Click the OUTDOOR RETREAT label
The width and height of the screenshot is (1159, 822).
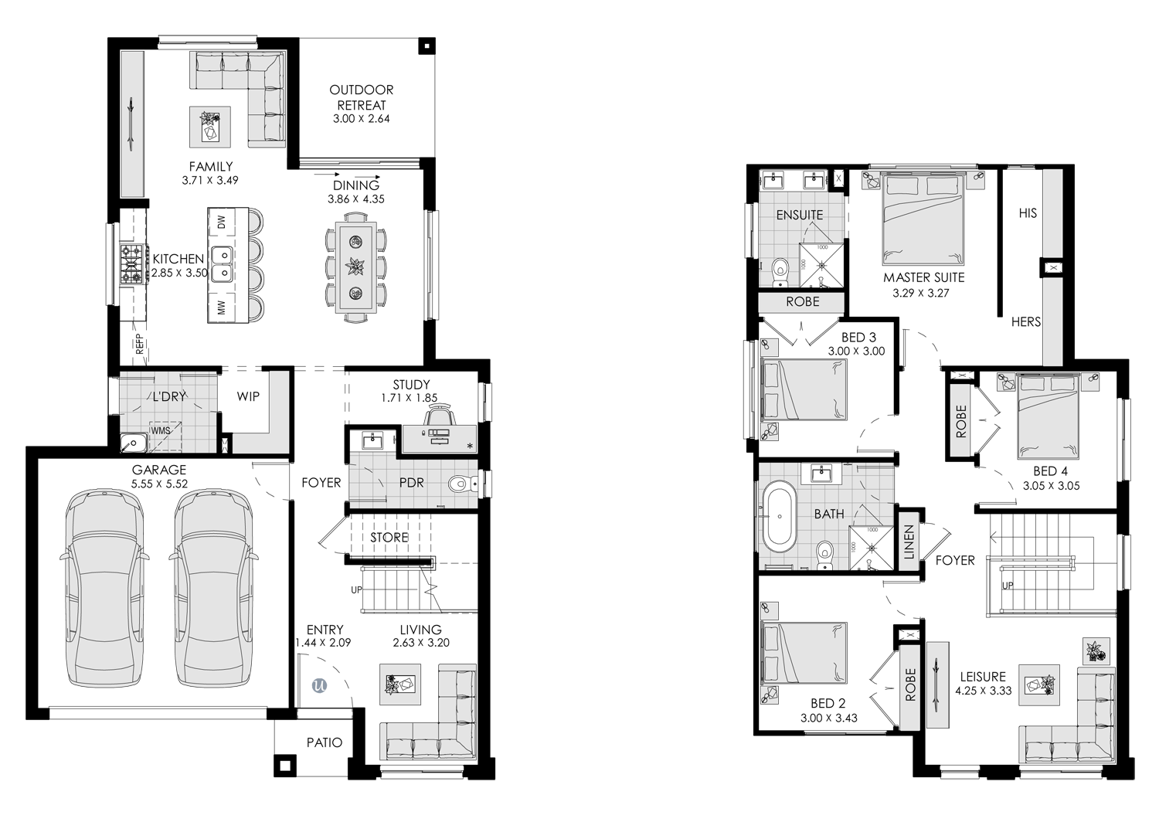[361, 97]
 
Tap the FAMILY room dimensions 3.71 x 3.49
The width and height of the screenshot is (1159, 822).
[210, 181]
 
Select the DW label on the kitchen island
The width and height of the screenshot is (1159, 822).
[222, 222]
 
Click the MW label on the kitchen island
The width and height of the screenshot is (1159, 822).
[222, 308]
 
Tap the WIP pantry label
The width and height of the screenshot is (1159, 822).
[248, 397]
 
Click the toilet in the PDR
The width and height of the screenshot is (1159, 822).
[463, 484]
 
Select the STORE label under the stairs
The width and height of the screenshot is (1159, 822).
[389, 538]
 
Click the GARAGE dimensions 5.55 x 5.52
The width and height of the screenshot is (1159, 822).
[159, 484]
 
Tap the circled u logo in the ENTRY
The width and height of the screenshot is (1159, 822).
[320, 686]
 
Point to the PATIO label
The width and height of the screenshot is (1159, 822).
[325, 743]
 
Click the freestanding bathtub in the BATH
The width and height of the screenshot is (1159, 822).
[780, 516]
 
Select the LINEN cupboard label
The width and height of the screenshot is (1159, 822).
[909, 542]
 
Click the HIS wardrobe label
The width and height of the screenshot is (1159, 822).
[1028, 213]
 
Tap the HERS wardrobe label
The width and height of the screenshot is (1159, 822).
[1026, 321]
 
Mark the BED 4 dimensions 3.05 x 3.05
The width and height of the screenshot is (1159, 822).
[1051, 486]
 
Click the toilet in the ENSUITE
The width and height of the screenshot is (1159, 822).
[779, 272]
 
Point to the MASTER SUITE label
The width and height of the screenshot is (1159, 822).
[923, 278]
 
